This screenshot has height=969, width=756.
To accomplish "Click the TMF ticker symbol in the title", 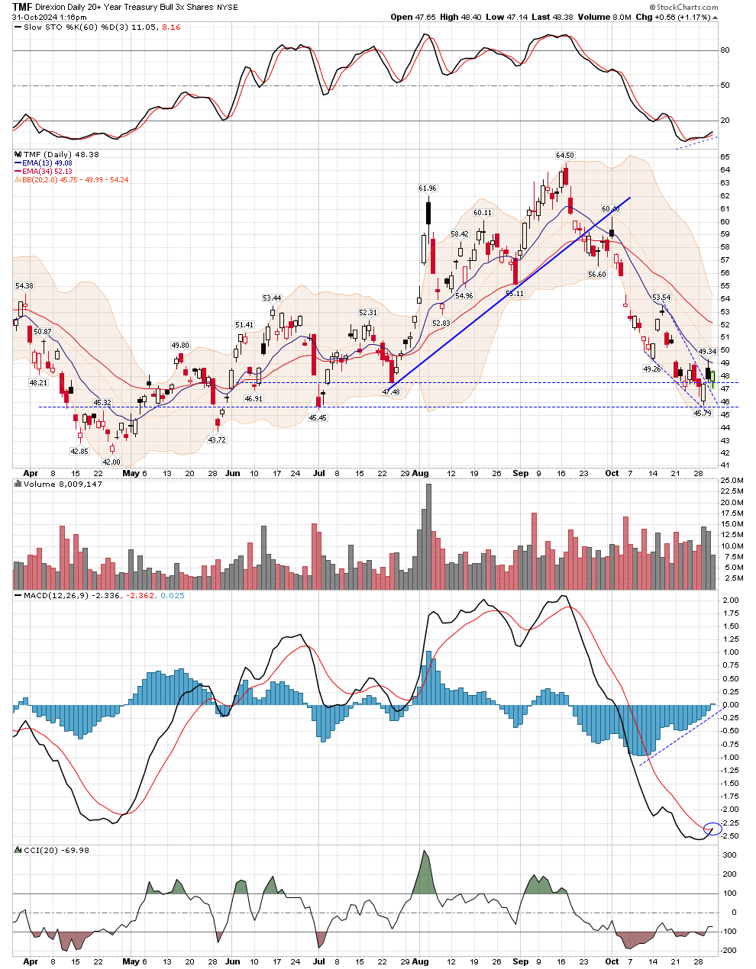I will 21,7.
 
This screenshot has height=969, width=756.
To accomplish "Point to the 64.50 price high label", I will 564,155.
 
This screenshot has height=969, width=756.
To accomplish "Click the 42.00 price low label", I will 111,462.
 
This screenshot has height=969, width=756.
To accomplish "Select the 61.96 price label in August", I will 427,188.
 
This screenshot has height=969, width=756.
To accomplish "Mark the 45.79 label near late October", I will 702,413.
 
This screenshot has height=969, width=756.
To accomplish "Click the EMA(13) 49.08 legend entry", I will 47,163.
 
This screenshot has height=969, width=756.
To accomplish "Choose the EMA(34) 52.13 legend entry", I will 47,172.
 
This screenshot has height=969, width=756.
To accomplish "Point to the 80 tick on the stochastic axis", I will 725,50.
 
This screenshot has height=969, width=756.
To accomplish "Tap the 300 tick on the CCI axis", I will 730,855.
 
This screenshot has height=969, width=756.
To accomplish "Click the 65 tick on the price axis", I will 725,157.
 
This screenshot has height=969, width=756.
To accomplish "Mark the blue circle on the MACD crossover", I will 712,829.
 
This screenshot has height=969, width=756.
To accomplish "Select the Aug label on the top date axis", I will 420,473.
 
